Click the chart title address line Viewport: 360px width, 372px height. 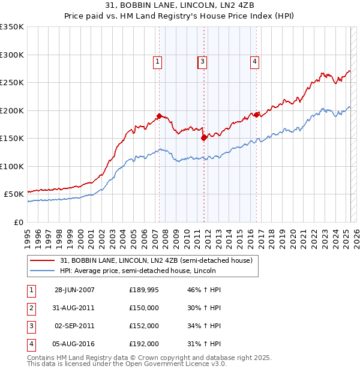pyautogui.click(x=179, y=7)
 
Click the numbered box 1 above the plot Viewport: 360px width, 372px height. pyautogui.click(x=157, y=61)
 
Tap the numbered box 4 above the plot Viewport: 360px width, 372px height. pyautogui.click(x=255, y=61)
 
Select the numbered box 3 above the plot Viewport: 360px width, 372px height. pyautogui.click(x=203, y=61)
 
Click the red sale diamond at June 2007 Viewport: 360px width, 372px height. pyautogui.click(x=160, y=116)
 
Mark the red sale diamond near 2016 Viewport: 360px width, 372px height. pyautogui.click(x=256, y=115)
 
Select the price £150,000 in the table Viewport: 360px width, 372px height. pyautogui.click(x=144, y=308)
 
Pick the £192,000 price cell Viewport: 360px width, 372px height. pyautogui.click(x=144, y=344)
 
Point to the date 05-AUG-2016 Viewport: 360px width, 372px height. pyautogui.click(x=74, y=344)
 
